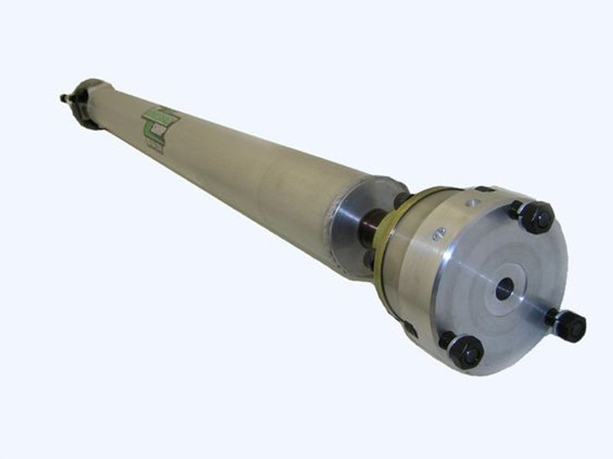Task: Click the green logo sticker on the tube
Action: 159,121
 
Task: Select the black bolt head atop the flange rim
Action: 483,188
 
